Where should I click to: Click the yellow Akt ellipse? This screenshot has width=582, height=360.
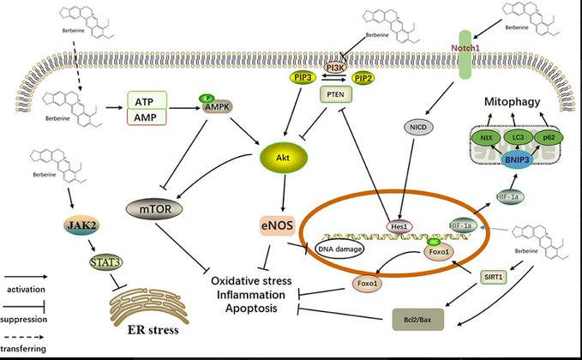283,159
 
